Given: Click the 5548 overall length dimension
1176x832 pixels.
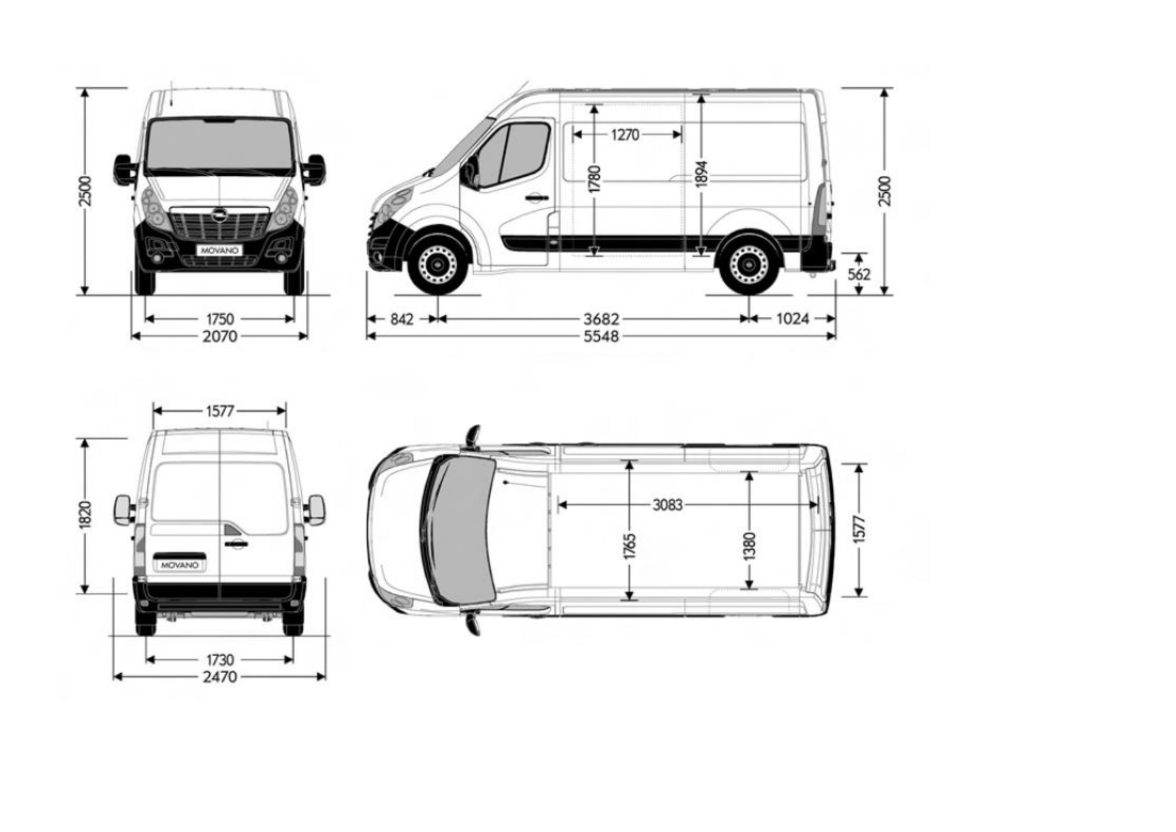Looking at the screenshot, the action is click(601, 337).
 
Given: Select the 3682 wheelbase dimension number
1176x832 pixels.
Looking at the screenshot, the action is click(601, 319).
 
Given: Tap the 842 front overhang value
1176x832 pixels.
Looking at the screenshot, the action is click(402, 319).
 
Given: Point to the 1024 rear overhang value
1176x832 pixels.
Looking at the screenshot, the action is click(792, 319).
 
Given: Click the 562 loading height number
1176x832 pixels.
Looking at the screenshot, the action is click(859, 275).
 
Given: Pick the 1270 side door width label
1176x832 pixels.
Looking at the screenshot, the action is click(625, 135).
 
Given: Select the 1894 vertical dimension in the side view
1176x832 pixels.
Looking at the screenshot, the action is click(702, 174).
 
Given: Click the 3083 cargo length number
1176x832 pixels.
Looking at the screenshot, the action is click(667, 505).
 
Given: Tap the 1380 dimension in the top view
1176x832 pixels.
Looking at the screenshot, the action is click(749, 546).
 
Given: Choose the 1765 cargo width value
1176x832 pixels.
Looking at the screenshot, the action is click(630, 546).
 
